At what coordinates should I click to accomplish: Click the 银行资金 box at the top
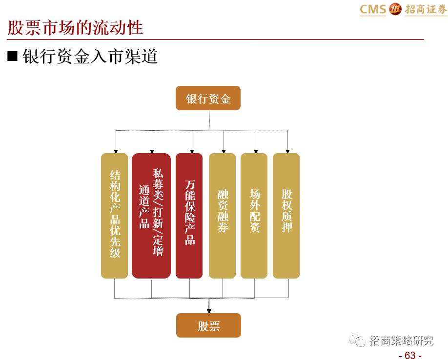[x=208, y=98]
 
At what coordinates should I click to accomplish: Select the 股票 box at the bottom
[x=208, y=325]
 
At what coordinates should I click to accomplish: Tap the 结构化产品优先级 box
[x=114, y=216]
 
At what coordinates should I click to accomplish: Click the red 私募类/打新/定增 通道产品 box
[x=151, y=216]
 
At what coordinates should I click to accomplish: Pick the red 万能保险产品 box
[x=189, y=216]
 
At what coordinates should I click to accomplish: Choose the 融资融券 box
[x=223, y=216]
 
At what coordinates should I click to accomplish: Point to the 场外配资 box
[x=254, y=216]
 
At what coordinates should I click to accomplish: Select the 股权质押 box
[x=286, y=216]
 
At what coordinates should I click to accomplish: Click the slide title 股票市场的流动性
[x=75, y=27]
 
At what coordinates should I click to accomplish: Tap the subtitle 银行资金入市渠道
[x=90, y=56]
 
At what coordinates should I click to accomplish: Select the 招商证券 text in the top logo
[x=425, y=9]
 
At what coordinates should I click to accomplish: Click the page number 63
[x=410, y=355]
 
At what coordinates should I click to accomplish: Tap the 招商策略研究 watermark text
[x=401, y=340]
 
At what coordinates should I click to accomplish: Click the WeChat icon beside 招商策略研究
[x=360, y=340]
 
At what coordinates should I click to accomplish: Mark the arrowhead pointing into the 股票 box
[x=209, y=310]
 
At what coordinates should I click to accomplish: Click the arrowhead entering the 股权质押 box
[x=288, y=150]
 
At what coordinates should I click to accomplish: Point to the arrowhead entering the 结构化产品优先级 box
[x=116, y=150]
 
